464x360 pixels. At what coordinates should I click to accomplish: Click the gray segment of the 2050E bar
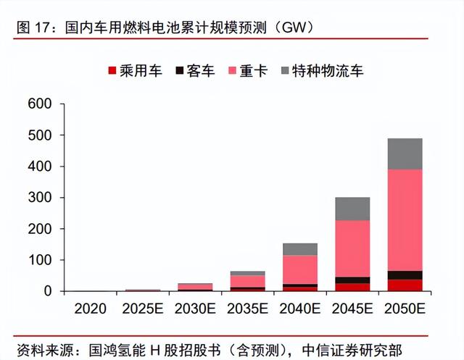[x=405, y=154]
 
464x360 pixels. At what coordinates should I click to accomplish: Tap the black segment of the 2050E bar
[x=405, y=275]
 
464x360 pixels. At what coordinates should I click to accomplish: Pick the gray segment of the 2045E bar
[x=352, y=209]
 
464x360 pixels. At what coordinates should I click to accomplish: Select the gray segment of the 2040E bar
[x=300, y=249]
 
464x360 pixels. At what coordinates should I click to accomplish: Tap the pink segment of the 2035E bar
[x=247, y=281]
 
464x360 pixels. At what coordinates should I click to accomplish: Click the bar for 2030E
[x=195, y=287]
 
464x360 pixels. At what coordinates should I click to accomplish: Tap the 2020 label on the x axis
[x=91, y=309]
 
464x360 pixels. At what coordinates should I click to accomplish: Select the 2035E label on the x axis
[x=247, y=309]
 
